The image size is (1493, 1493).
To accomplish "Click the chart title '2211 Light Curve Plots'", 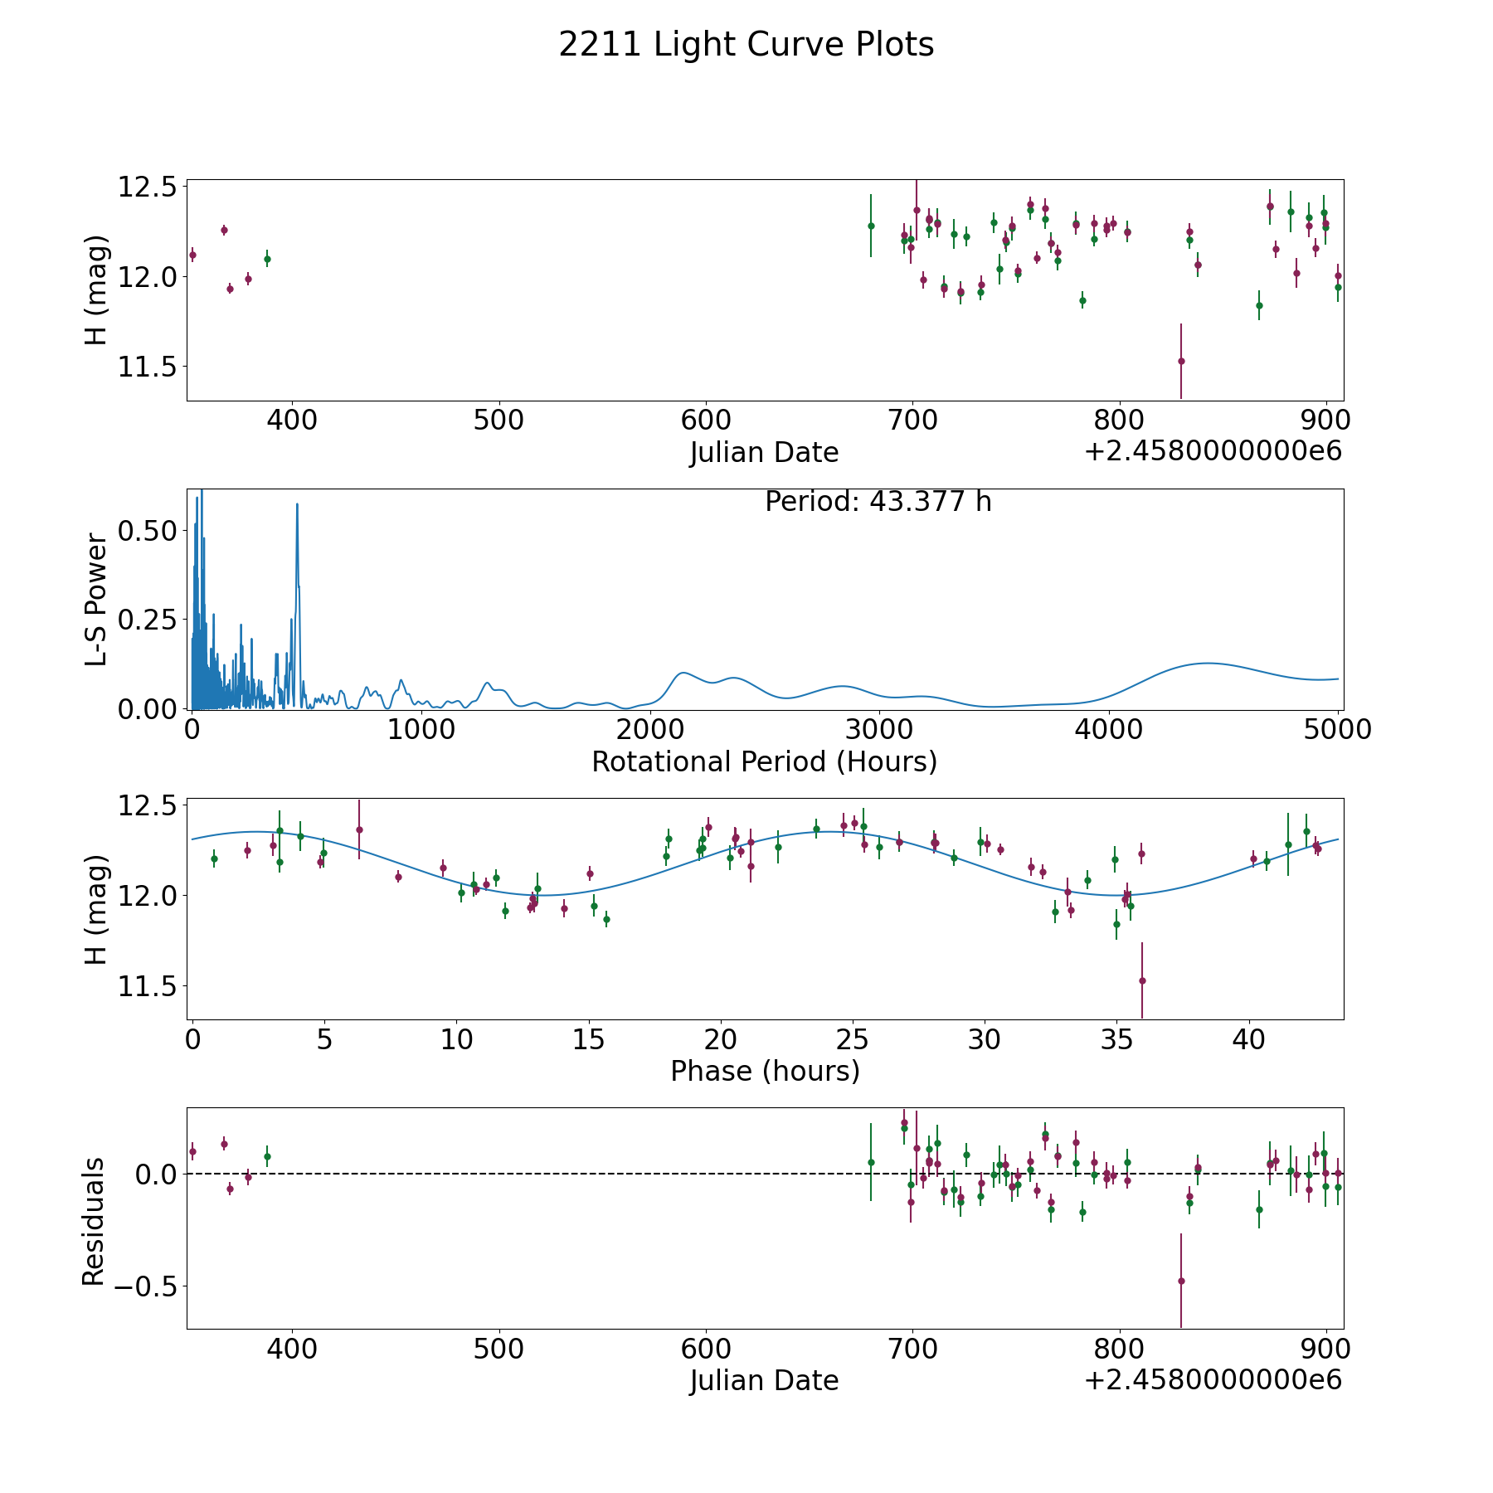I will (x=746, y=45).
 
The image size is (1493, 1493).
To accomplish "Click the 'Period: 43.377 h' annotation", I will (x=878, y=502).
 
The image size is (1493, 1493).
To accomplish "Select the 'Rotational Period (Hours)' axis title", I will (x=764, y=761).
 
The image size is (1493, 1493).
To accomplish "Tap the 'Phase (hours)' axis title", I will (x=764, y=1071).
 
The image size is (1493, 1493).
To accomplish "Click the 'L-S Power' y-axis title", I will (x=96, y=599).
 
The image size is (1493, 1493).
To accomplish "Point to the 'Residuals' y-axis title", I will (x=94, y=1222).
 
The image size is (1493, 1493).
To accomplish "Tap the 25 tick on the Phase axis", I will (x=852, y=1039).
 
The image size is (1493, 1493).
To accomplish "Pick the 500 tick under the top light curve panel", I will (x=498, y=420).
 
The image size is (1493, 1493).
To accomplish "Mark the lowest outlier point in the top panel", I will (x=1181, y=361).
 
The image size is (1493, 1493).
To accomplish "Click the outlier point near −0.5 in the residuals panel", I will (x=1181, y=1281).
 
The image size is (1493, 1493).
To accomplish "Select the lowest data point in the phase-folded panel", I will (x=1142, y=980).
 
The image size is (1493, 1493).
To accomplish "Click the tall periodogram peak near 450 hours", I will (x=297, y=505).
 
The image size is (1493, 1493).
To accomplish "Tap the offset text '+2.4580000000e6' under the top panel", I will (x=1213, y=452).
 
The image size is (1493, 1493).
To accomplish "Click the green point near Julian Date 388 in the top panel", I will (x=267, y=259).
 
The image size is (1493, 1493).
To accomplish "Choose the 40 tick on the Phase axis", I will (x=1248, y=1039).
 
